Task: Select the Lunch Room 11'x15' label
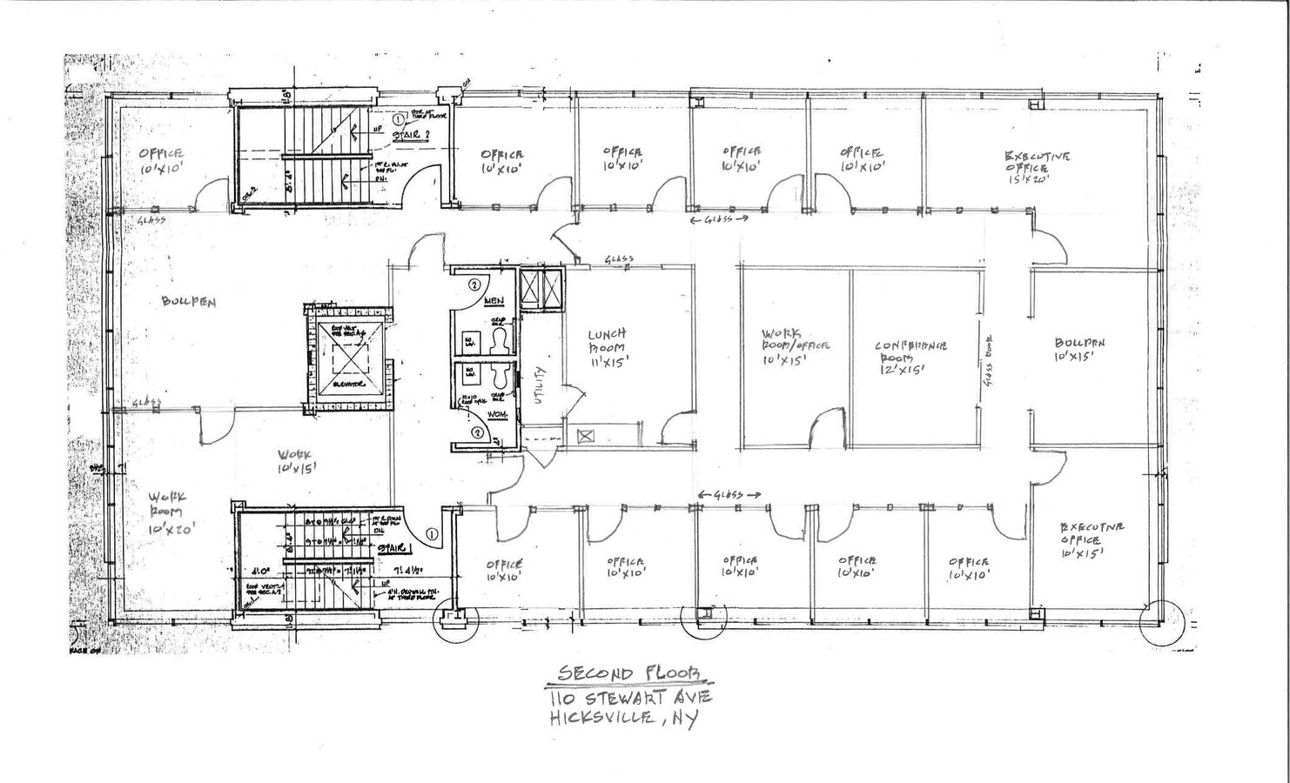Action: (607, 346)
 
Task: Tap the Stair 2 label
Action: (406, 135)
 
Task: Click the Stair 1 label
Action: (394, 547)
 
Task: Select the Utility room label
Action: (541, 382)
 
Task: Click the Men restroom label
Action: (494, 301)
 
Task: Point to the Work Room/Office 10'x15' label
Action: (794, 345)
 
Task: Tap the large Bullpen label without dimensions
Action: (188, 303)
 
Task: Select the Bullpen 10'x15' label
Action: (1079, 349)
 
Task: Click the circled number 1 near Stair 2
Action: (399, 119)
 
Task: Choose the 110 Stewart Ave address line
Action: (630, 698)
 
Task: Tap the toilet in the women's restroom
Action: (501, 377)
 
